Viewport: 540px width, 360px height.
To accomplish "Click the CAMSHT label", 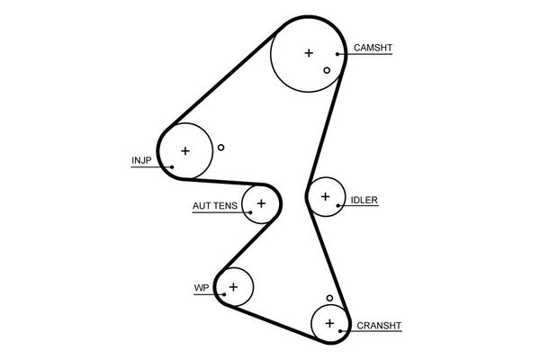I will point(373,48).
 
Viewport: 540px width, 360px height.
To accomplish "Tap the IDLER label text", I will point(364,200).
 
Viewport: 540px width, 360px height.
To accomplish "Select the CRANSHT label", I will point(378,326).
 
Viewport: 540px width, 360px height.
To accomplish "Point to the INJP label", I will point(142,161).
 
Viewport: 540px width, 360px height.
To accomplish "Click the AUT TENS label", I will point(215,206).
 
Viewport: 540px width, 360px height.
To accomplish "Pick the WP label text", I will point(201,289).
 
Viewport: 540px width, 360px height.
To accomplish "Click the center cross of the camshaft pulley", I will point(309,53).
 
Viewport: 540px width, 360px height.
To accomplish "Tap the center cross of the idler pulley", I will point(324,195).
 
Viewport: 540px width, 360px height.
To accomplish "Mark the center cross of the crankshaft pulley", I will point(329,322).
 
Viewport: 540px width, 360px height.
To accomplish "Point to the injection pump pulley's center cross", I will point(185,150).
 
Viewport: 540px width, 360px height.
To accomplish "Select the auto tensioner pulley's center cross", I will point(261,203).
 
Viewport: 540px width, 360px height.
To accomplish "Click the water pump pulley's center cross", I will point(233,287).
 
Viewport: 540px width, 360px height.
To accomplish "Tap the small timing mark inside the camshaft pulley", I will point(327,69).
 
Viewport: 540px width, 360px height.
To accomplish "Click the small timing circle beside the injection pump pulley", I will point(220,148).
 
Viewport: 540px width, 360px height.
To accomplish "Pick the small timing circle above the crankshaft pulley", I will point(330,298).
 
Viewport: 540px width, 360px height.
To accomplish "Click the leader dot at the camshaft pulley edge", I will point(340,54).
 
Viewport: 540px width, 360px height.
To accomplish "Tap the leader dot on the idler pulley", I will point(338,206).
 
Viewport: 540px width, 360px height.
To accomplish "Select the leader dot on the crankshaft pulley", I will point(341,332).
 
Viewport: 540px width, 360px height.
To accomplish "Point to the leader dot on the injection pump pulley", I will point(171,166).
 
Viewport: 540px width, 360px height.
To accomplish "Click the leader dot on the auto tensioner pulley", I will point(247,212).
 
